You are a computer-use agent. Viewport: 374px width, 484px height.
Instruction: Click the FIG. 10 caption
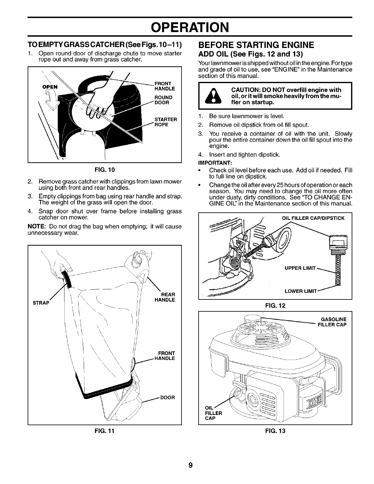tap(105, 169)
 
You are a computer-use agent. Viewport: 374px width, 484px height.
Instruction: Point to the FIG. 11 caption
tap(105, 431)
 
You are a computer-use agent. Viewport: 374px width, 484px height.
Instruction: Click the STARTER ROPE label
tap(166, 122)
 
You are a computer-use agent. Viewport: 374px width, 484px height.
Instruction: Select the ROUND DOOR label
tap(163, 100)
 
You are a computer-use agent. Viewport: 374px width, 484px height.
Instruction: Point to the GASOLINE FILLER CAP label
tap(332, 322)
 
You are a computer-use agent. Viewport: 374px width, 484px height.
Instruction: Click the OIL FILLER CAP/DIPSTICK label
tap(313, 218)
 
